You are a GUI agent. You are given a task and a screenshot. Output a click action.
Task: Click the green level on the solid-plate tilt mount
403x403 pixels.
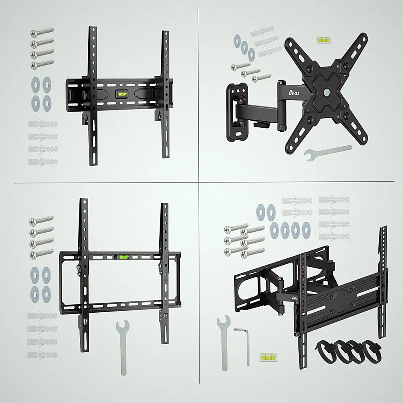click(x=123, y=94)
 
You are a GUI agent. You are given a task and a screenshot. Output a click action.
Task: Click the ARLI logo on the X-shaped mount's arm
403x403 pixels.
click(x=294, y=92)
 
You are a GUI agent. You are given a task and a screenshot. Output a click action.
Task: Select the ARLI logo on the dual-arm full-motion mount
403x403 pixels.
click(x=295, y=298)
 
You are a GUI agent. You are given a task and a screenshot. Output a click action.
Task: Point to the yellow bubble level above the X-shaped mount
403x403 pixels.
click(x=324, y=40)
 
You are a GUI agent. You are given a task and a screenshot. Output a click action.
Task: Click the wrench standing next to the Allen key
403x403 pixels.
click(x=223, y=342)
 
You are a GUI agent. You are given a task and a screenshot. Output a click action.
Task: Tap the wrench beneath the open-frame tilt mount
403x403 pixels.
click(x=123, y=347)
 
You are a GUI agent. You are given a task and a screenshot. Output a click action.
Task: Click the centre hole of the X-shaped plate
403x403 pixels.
click(x=327, y=92)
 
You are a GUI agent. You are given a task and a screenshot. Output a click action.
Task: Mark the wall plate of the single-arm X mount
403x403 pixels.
click(x=235, y=112)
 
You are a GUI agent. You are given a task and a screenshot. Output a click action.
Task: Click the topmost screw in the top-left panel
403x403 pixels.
click(x=42, y=32)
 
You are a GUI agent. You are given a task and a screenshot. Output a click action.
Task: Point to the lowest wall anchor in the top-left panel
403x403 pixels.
click(x=43, y=162)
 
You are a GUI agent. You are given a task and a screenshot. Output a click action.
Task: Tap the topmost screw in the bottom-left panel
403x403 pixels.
click(x=42, y=220)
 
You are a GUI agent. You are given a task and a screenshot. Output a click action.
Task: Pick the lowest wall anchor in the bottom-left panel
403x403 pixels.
click(x=42, y=355)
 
